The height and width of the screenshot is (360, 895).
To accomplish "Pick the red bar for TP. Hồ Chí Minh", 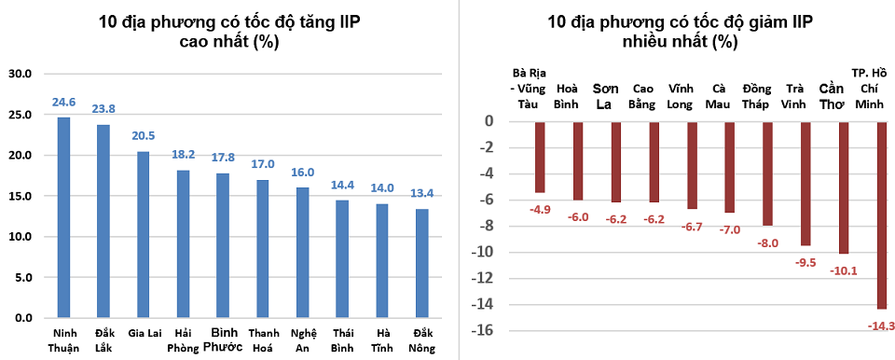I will pyautogui.click(x=881, y=215).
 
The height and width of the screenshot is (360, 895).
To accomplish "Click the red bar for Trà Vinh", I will pyautogui.click(x=805, y=183).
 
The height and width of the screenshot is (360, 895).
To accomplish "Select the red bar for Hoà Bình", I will pyautogui.click(x=577, y=160).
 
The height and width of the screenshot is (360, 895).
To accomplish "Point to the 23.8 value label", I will pyautogui.click(x=103, y=109).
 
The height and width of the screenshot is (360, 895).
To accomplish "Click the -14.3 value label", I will pyautogui.click(x=880, y=325).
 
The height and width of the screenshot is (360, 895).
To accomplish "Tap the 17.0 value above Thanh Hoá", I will pyautogui.click(x=263, y=164).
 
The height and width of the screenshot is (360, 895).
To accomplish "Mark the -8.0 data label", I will pyautogui.click(x=766, y=242).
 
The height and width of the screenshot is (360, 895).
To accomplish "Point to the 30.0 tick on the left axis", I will pyautogui.click(x=21, y=75).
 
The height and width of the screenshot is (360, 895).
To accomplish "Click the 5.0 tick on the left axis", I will pyautogui.click(x=23, y=277).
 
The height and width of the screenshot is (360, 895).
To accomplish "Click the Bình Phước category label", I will pyautogui.click(x=223, y=339).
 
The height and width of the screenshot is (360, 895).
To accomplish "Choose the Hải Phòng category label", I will pyautogui.click(x=183, y=339).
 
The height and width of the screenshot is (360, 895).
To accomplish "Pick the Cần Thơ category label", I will pyautogui.click(x=832, y=95).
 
